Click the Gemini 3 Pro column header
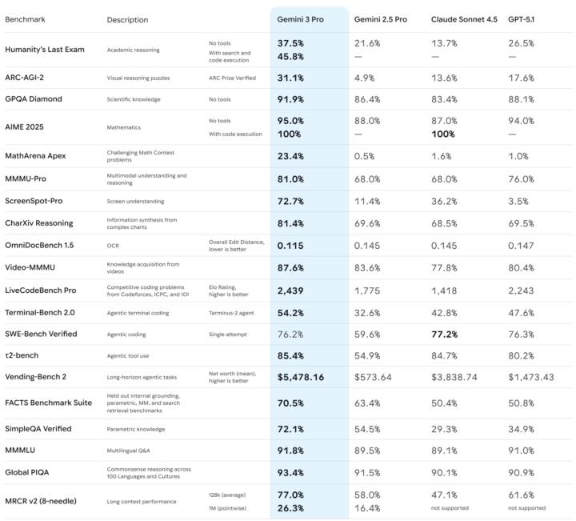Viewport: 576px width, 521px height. (301, 19)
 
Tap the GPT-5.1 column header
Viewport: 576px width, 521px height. (522, 19)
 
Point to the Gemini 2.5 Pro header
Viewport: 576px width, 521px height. (381, 19)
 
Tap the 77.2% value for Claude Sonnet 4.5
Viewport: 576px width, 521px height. (445, 334)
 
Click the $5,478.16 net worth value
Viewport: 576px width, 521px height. (301, 376)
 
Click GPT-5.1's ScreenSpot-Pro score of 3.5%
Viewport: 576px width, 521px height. (518, 201)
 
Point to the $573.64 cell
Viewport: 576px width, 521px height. (373, 376)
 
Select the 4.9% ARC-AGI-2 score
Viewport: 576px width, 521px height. (366, 78)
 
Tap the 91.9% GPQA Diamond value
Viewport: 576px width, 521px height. (290, 99)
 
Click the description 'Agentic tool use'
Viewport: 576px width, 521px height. (129, 355)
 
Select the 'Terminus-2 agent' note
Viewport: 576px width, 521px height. (234, 312)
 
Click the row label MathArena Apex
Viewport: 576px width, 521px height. (35, 155)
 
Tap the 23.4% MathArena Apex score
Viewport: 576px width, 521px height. (290, 155)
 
